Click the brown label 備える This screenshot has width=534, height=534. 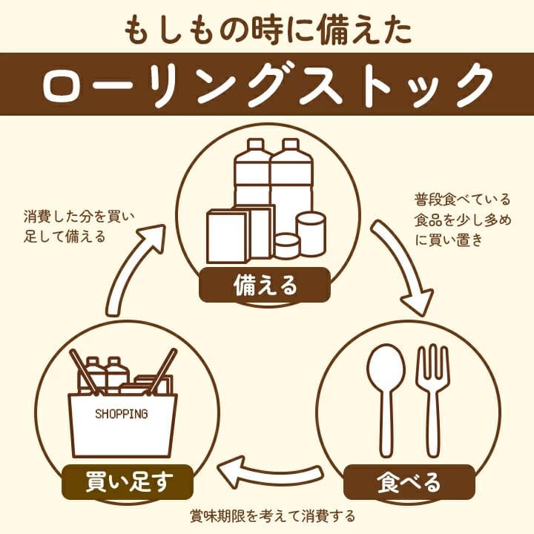(265, 285)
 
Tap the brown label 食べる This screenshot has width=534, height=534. (409, 482)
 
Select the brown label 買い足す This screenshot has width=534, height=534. (128, 482)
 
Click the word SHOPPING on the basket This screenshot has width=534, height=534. (122, 414)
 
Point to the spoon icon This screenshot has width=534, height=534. (386, 400)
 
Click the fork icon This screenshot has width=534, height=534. (433, 400)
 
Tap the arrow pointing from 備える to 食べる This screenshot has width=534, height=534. (403, 266)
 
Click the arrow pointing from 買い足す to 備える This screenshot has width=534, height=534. (133, 269)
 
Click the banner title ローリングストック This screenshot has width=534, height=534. (268, 85)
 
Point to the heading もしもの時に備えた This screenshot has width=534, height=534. (268, 31)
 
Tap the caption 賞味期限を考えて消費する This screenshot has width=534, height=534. (272, 516)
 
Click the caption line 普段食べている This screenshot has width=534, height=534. (463, 200)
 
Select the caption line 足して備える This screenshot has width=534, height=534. (65, 236)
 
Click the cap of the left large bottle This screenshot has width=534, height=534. (255, 145)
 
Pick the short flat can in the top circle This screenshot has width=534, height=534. (287, 246)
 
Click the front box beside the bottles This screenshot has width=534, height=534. (227, 237)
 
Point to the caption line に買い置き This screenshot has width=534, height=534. (449, 240)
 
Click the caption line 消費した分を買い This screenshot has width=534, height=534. (79, 217)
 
